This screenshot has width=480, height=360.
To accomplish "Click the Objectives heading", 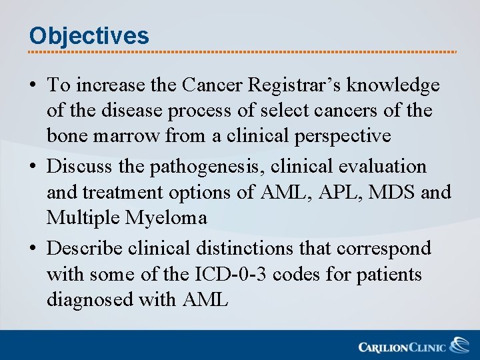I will coord(89,35).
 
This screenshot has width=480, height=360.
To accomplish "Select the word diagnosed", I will coord(90,300).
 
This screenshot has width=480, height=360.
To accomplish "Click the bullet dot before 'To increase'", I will coord(32,86).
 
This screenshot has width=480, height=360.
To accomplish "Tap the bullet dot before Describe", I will coord(32,249).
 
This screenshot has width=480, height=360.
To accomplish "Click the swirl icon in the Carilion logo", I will coord(459,345).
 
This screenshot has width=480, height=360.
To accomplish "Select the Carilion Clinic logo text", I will coord(403,347).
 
